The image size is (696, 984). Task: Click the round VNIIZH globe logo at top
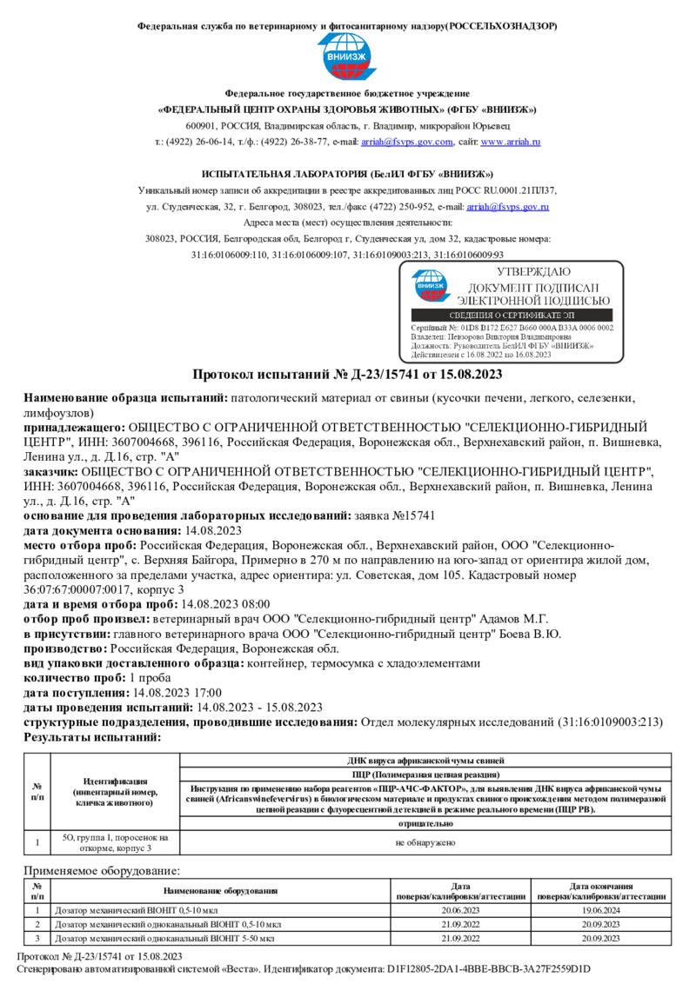tap(347, 58)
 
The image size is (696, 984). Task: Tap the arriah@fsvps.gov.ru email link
tap(507, 207)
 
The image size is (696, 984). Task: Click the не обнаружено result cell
tap(425, 841)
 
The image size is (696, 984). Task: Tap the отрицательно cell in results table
tap(425, 823)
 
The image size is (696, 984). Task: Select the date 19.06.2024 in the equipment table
tap(601, 909)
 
